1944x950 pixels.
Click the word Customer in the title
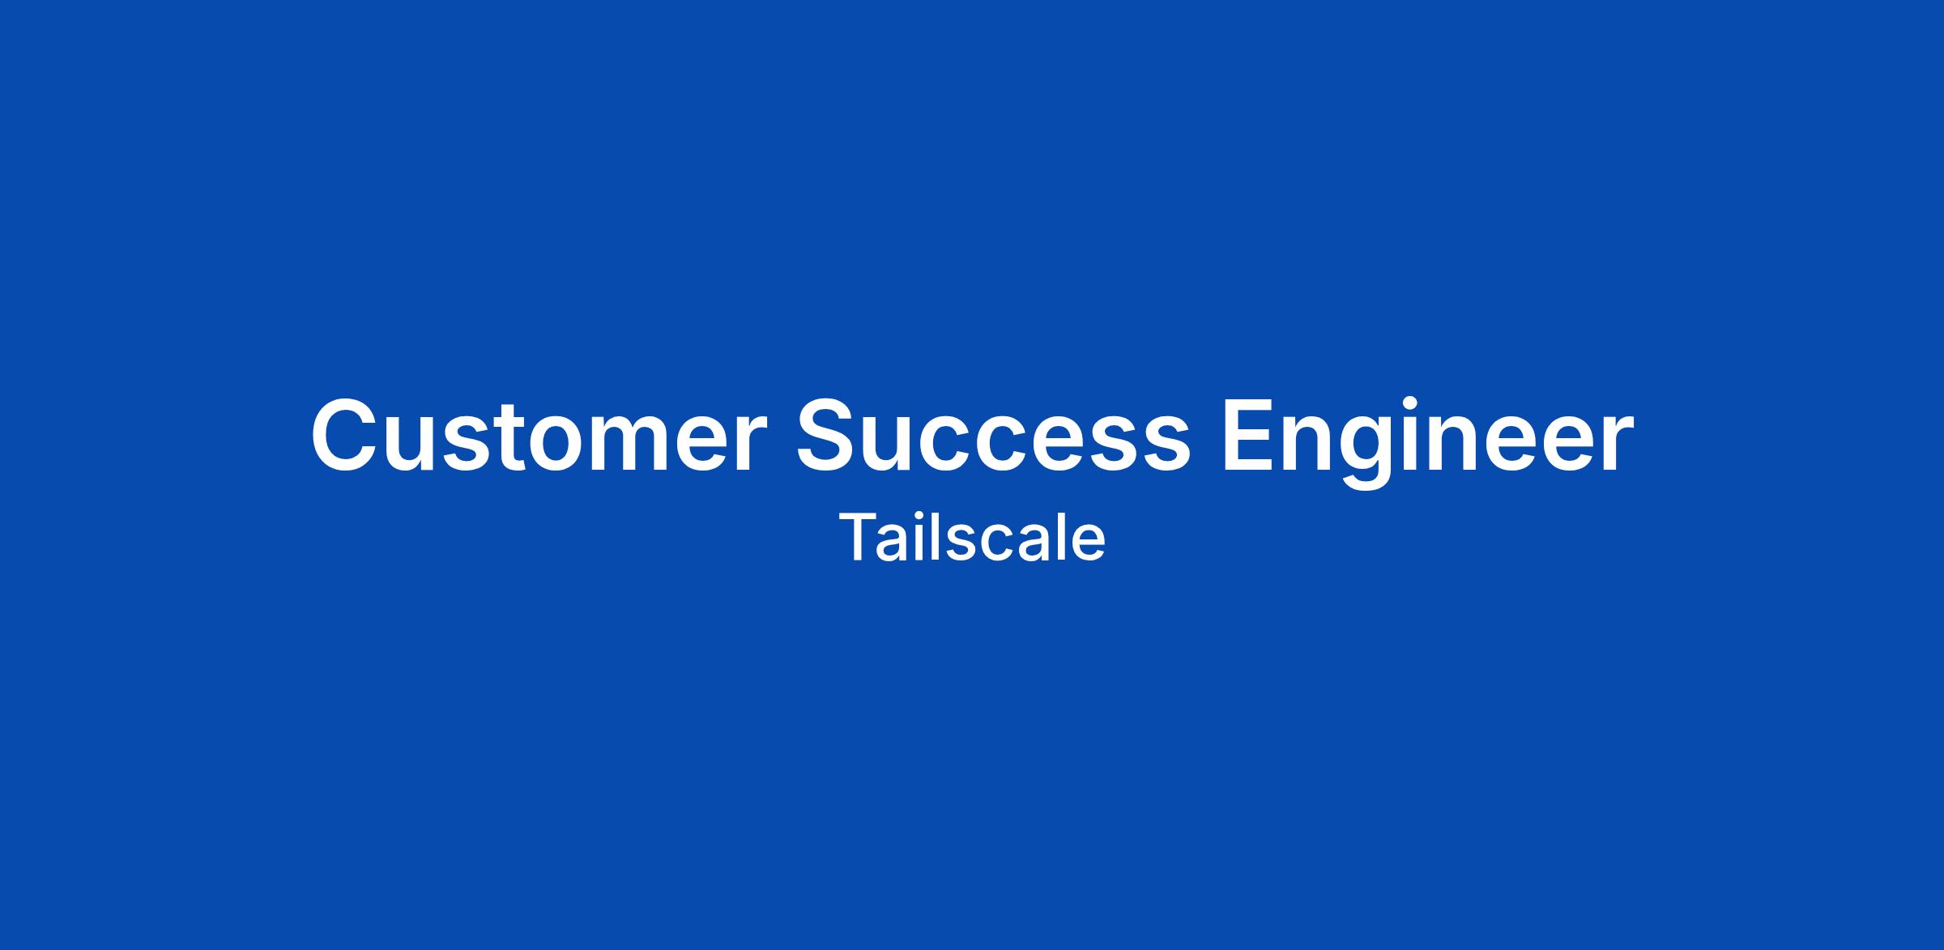click(x=539, y=436)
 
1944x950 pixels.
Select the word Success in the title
click(x=994, y=436)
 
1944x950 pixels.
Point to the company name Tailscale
click(x=972, y=537)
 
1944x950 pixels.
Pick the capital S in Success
click(x=830, y=436)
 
